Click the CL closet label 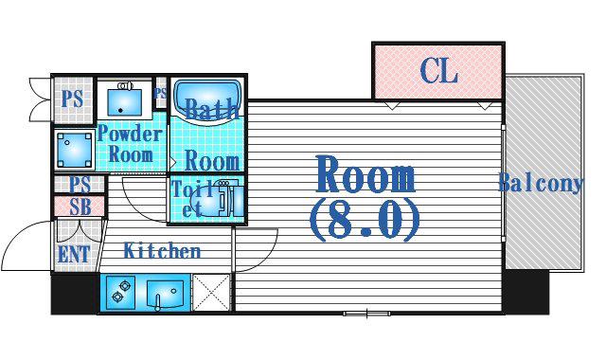(438, 71)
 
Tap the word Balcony (541, 183)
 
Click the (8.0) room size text (365, 221)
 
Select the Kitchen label (162, 250)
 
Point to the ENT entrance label (74, 255)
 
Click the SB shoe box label (80, 207)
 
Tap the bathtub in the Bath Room (208, 101)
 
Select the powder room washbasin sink (124, 100)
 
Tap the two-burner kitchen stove (120, 293)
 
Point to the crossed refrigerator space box (211, 293)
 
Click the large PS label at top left (72, 99)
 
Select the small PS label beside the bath (160, 93)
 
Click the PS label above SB (80, 184)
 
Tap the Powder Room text (130, 144)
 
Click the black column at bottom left (75, 294)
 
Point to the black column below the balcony (526, 292)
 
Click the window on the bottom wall (366, 314)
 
